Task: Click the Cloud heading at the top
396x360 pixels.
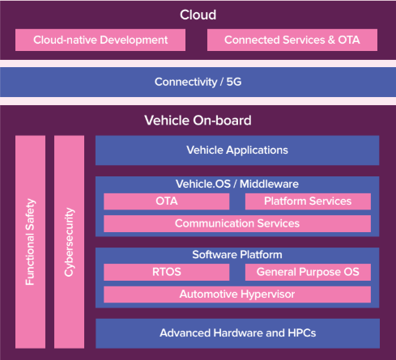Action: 198,15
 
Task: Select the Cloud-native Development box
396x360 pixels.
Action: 100,40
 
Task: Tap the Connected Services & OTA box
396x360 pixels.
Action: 292,40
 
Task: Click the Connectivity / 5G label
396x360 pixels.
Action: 198,82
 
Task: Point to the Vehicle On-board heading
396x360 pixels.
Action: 198,121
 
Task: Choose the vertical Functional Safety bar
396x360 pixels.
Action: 30,242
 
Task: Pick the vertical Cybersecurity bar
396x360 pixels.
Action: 69,242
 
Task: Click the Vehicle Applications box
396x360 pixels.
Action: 237,150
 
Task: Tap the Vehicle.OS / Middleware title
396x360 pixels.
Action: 237,184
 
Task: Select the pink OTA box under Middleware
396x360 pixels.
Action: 167,201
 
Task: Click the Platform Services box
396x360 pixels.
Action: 308,201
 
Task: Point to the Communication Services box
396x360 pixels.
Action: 237,223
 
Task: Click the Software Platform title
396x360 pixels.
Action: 237,255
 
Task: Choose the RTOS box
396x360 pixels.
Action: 167,272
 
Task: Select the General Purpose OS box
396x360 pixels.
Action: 308,272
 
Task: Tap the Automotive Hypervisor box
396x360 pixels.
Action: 237,294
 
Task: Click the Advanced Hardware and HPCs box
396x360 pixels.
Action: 237,333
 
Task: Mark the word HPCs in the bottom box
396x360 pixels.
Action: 302,333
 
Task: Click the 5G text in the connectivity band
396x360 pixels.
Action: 234,82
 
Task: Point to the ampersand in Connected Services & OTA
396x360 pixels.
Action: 331,40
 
